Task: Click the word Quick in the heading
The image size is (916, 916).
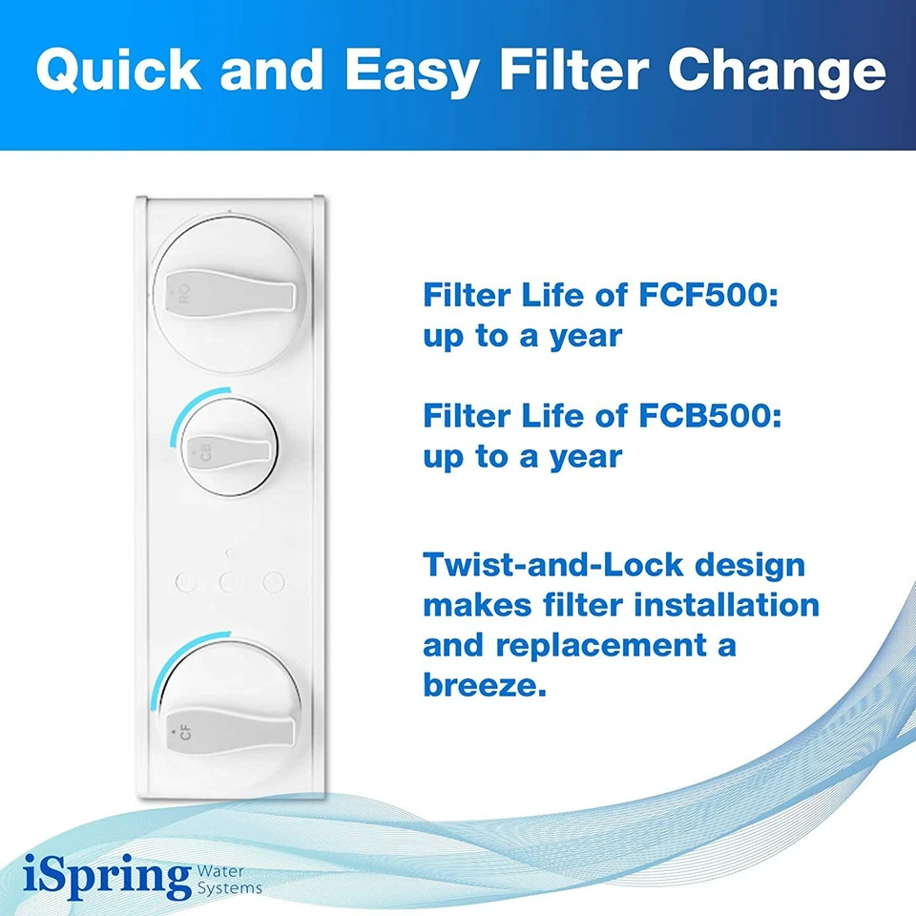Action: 116,72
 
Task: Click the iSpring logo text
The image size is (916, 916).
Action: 105,877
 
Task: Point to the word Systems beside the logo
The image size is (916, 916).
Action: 229,888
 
